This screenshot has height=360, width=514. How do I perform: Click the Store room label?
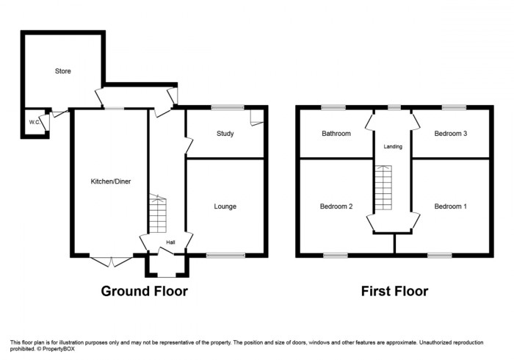[x=62, y=71]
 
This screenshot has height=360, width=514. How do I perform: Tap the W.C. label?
[x=34, y=122]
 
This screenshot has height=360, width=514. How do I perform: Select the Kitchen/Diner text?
[x=110, y=181]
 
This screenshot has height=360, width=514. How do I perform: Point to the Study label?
[x=225, y=134]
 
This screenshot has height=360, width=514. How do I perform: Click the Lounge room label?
[x=225, y=206]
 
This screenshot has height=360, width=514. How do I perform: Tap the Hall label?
[x=170, y=242]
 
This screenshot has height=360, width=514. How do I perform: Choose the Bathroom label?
[x=336, y=134]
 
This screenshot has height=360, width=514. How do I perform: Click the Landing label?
[x=393, y=147]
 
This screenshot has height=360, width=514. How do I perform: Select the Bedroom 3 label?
[x=450, y=134]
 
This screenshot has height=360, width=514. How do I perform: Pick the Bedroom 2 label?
[x=336, y=206]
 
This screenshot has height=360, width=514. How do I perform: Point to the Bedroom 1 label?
[x=450, y=206]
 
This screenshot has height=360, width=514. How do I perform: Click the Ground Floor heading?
[x=144, y=292]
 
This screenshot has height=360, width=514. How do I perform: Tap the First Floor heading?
[x=394, y=292]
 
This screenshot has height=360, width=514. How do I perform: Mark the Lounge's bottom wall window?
[x=225, y=256]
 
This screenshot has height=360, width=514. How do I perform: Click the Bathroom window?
[x=333, y=108]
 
